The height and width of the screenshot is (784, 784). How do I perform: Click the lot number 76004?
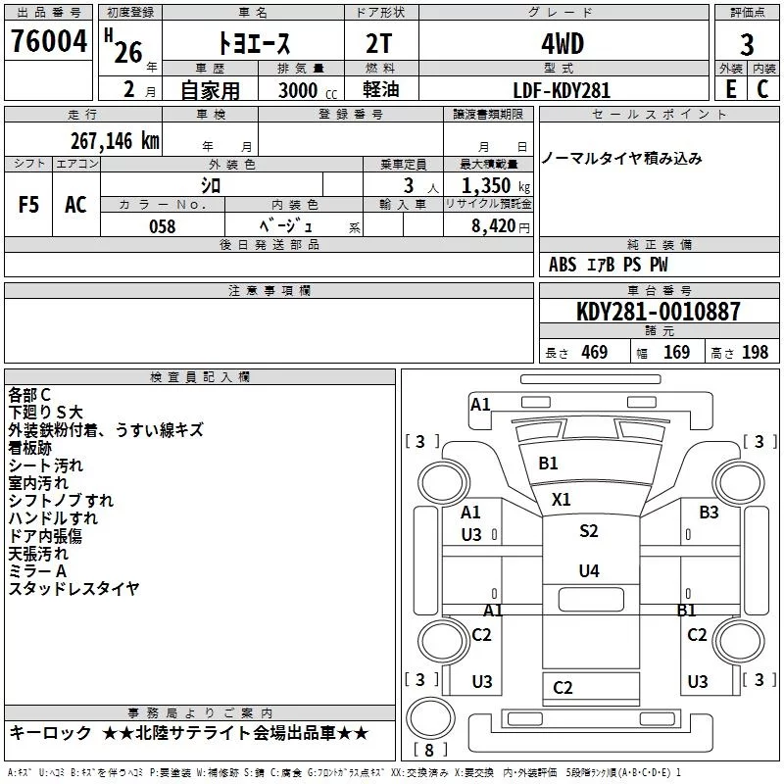click(x=49, y=41)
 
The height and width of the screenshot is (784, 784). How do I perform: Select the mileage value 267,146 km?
click(x=115, y=141)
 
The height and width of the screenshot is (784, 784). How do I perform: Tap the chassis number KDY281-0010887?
click(x=658, y=312)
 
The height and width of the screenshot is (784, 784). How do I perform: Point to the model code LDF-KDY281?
click(x=562, y=90)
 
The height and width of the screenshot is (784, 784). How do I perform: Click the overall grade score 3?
click(x=747, y=45)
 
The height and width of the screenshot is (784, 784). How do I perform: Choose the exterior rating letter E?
click(x=731, y=89)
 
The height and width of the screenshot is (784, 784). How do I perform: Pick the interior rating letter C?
click(x=762, y=89)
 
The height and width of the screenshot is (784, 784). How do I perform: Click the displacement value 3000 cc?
click(x=308, y=90)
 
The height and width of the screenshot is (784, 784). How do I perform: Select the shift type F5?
click(x=28, y=205)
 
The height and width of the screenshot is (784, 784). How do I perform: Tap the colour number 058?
click(x=163, y=226)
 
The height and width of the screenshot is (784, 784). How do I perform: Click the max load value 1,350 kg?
click(x=496, y=186)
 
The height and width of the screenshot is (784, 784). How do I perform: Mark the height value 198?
click(x=755, y=353)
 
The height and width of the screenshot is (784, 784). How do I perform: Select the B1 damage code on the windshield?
click(x=548, y=464)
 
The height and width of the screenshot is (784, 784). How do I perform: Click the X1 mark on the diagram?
click(x=561, y=500)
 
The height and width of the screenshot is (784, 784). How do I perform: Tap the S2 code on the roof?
click(x=589, y=530)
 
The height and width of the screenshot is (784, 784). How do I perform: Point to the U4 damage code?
click(x=589, y=570)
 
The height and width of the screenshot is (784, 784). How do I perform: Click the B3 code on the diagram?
click(x=709, y=512)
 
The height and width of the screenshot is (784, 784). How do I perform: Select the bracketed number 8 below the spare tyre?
click(x=429, y=750)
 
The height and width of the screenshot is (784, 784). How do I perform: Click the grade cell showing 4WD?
click(x=563, y=44)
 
